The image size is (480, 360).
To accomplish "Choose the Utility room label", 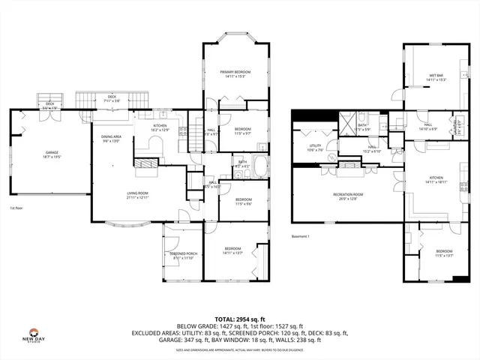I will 315,148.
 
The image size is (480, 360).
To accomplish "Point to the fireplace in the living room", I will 146,163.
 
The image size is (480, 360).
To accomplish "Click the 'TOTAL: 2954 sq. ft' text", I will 239,319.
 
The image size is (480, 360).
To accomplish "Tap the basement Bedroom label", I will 444,253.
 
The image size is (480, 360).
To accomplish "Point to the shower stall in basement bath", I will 348,124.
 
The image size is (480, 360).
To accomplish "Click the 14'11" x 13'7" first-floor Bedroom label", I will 232,250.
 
